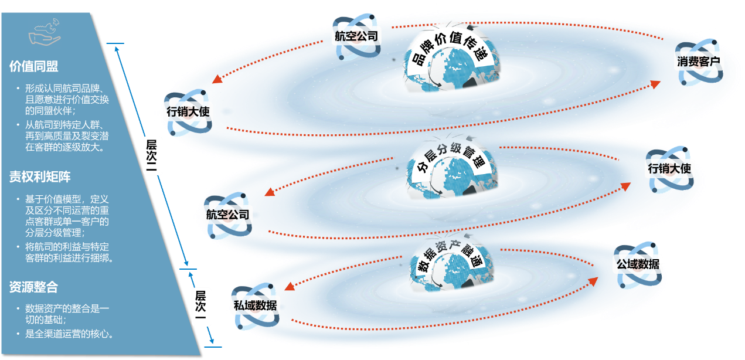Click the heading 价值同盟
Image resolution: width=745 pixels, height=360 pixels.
pos(34,66)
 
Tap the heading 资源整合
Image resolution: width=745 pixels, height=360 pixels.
pos(33,287)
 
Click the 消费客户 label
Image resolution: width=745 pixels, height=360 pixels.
pos(699,62)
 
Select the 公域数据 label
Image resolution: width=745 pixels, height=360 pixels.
pos(637,264)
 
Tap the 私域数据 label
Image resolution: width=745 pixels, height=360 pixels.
pos(255,305)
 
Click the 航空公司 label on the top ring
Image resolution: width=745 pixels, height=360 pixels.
pos(357,36)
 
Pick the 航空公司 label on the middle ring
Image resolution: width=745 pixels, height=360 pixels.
pos(227,215)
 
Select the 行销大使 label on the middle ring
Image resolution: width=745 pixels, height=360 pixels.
pos(669,169)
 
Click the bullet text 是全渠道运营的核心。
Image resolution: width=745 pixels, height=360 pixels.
pos(69,334)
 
